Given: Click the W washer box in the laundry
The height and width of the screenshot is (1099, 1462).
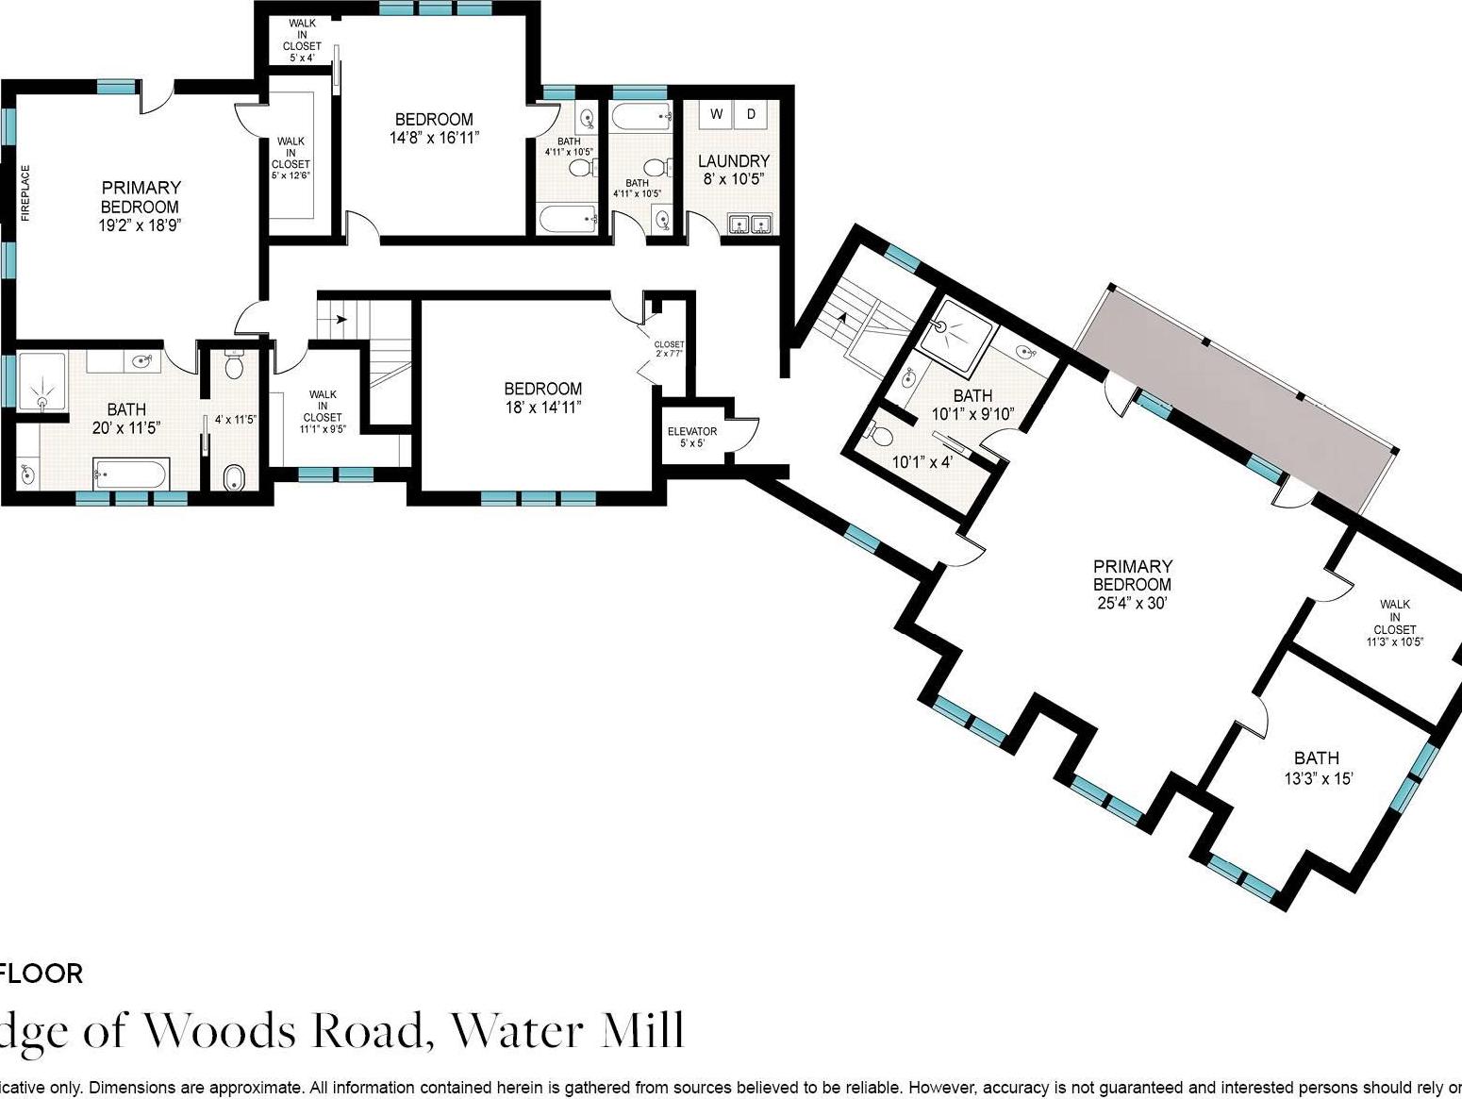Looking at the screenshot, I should [x=717, y=115].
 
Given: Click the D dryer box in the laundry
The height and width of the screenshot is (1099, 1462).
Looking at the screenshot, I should [x=751, y=115].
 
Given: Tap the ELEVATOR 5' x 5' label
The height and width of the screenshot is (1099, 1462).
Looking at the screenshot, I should [x=692, y=437].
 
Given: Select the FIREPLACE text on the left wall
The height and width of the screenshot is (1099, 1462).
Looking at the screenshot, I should [x=26, y=193].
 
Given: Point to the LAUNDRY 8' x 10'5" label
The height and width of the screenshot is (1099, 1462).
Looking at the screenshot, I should [x=733, y=169].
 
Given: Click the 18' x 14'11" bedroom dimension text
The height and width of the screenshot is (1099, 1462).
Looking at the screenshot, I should [x=542, y=407].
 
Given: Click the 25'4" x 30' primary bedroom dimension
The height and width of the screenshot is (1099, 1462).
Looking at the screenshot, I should [x=1132, y=603].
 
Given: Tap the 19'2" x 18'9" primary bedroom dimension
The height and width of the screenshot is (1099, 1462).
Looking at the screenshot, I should [x=140, y=225].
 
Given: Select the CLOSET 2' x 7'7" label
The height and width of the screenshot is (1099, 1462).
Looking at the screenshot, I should [x=669, y=349].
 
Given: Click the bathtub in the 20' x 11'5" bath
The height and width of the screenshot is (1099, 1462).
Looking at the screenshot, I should [x=131, y=472].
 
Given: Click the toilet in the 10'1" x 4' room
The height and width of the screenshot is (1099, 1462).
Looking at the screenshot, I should [x=880, y=435].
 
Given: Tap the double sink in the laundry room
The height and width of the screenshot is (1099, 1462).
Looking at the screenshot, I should [x=751, y=224].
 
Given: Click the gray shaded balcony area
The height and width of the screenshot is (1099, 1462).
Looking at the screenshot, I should [x=1236, y=396].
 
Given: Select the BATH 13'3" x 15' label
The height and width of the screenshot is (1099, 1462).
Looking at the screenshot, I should [x=1317, y=768].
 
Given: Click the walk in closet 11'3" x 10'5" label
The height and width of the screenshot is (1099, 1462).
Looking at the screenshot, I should [x=1394, y=623].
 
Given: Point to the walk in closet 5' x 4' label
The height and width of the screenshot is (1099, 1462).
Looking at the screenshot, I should [x=303, y=41].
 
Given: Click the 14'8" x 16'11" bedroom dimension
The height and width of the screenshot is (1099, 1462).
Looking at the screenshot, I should [x=434, y=138].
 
